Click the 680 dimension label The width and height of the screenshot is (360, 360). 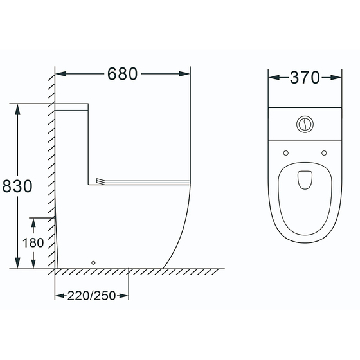(122, 74)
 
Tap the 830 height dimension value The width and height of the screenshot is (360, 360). (17, 186)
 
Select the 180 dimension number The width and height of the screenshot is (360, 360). (33, 243)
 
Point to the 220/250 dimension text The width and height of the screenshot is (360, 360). (91, 296)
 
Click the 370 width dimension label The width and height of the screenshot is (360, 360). (305, 77)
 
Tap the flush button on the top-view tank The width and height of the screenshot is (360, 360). (305, 124)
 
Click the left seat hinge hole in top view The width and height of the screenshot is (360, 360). (286, 153)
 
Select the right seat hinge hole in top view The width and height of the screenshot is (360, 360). (324, 153)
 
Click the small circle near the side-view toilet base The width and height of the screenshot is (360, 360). (93, 263)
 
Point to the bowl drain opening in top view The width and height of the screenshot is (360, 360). (305, 180)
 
